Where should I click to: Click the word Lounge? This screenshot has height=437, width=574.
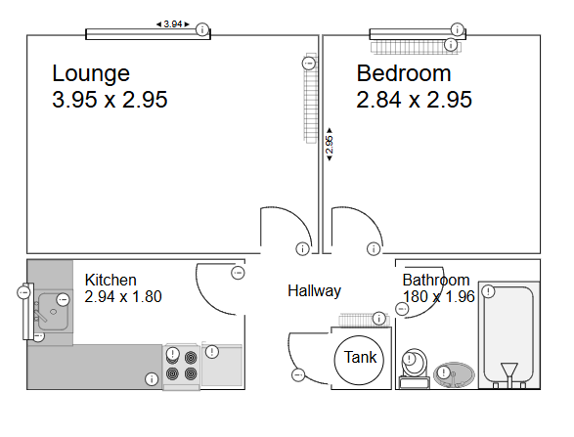[x=91, y=73]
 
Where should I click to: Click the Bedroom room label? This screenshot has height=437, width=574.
[x=404, y=73]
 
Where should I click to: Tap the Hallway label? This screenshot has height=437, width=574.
[x=314, y=290]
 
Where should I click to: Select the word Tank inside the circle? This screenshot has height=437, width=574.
[x=361, y=358]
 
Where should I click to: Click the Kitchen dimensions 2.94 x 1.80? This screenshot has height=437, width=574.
[x=123, y=296]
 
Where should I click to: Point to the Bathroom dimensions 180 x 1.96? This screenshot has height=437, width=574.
[x=438, y=296]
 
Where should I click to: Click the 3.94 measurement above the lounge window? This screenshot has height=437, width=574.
[x=172, y=23]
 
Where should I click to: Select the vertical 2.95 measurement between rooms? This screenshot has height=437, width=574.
[x=330, y=144]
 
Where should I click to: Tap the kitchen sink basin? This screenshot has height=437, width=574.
[x=50, y=313]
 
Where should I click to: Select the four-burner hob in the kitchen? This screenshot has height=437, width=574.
[x=181, y=364]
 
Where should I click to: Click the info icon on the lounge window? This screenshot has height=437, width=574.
[x=201, y=30]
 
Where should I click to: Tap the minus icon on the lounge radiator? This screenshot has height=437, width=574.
[x=308, y=64]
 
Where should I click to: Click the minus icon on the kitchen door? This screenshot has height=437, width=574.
[x=238, y=272]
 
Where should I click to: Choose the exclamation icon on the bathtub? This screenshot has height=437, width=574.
[x=490, y=290]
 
